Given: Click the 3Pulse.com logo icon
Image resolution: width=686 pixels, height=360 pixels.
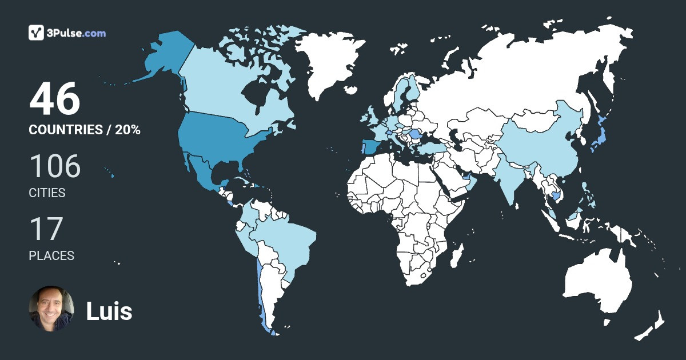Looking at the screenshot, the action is click(x=37, y=33).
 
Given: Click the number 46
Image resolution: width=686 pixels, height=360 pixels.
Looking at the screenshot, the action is click(x=55, y=100).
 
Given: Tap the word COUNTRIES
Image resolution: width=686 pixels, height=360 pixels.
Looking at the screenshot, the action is click(x=65, y=130).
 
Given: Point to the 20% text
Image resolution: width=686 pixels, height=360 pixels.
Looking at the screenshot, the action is click(x=127, y=130).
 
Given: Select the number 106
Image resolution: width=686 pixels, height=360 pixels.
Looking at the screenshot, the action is click(x=55, y=166).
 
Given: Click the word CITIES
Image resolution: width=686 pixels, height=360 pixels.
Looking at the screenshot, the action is click(x=47, y=193).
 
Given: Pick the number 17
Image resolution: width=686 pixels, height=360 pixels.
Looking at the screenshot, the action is click(x=46, y=229).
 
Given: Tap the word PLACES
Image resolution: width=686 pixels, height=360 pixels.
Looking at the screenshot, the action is click(x=51, y=256).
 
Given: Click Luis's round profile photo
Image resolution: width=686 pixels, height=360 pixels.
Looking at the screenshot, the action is click(x=51, y=309).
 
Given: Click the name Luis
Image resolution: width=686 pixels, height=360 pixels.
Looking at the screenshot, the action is click(x=109, y=311).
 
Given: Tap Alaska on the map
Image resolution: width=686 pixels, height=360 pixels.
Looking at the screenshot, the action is click(x=166, y=57).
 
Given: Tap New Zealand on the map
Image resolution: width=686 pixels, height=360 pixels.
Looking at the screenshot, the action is click(x=652, y=326).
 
